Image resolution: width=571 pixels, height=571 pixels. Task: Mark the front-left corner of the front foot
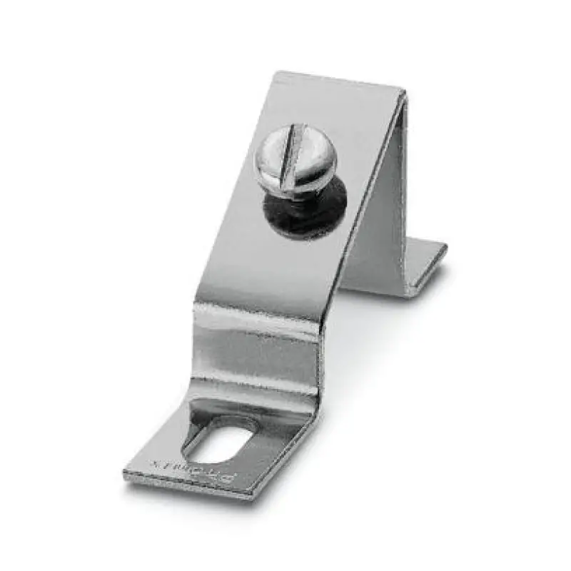(126, 475)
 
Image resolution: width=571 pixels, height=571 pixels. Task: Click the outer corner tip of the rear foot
(446, 248)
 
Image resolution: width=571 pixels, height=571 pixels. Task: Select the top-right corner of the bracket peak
(405, 91)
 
